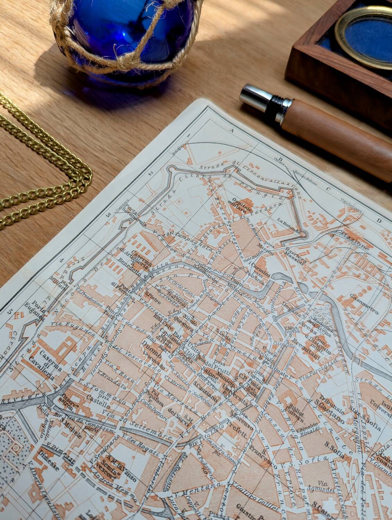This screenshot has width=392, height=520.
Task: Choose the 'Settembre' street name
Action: click(x=150, y=430)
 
